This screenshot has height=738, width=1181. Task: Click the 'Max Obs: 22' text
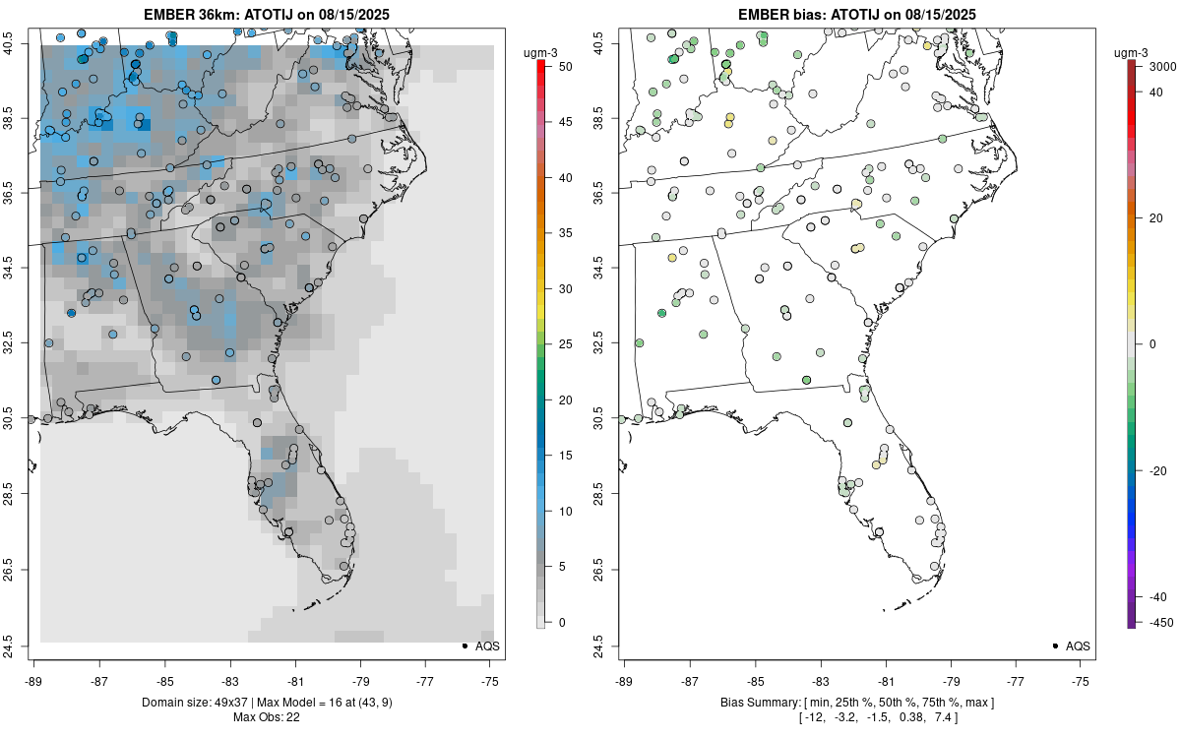266,717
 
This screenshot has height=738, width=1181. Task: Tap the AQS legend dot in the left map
464,646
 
